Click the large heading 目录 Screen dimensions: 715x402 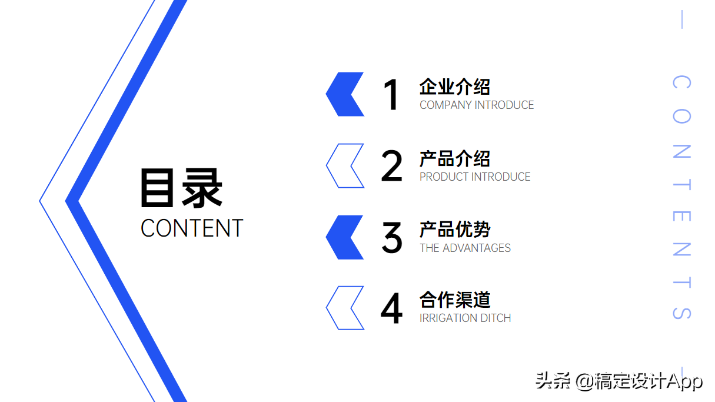point(181,188)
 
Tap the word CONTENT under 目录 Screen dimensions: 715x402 point(192,228)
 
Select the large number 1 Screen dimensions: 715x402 point(391,95)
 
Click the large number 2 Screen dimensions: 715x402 point(392,166)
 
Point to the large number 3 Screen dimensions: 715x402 point(392,238)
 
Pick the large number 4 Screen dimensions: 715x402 point(392,308)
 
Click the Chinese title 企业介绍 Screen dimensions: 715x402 point(454,87)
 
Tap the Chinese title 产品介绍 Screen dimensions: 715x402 point(454,159)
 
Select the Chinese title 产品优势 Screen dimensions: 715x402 point(454,230)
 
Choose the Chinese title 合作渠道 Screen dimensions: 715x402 point(454,300)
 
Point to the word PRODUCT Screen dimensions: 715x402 point(444,177)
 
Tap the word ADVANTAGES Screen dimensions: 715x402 point(476,248)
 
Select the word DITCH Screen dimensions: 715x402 point(495,318)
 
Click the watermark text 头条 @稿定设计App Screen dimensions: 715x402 point(619,381)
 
